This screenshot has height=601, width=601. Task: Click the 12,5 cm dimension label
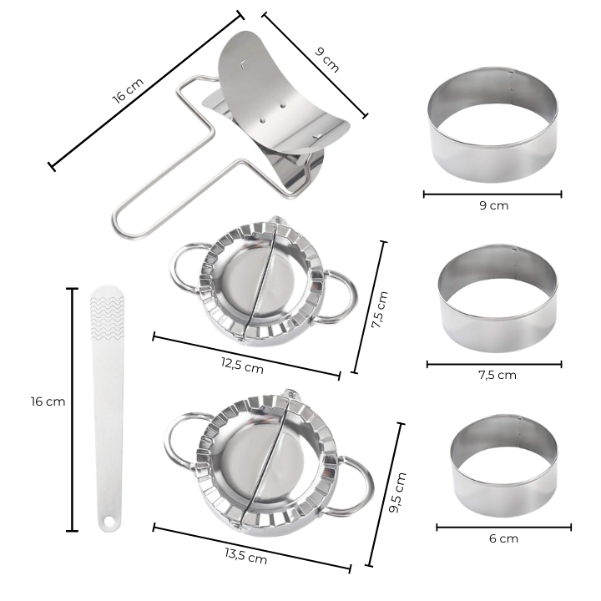point(242,365)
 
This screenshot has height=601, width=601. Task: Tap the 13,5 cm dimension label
point(245,556)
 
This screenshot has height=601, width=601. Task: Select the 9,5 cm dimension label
point(396,492)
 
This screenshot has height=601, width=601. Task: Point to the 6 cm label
point(503,538)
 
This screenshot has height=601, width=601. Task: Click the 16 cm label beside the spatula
point(48,402)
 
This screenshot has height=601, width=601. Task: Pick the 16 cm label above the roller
point(128,90)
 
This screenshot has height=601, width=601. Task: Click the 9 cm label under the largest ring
point(493,205)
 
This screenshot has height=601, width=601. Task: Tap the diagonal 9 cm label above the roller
point(327,60)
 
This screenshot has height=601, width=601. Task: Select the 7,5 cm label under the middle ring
point(497,375)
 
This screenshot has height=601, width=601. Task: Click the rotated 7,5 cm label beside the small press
point(380,310)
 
